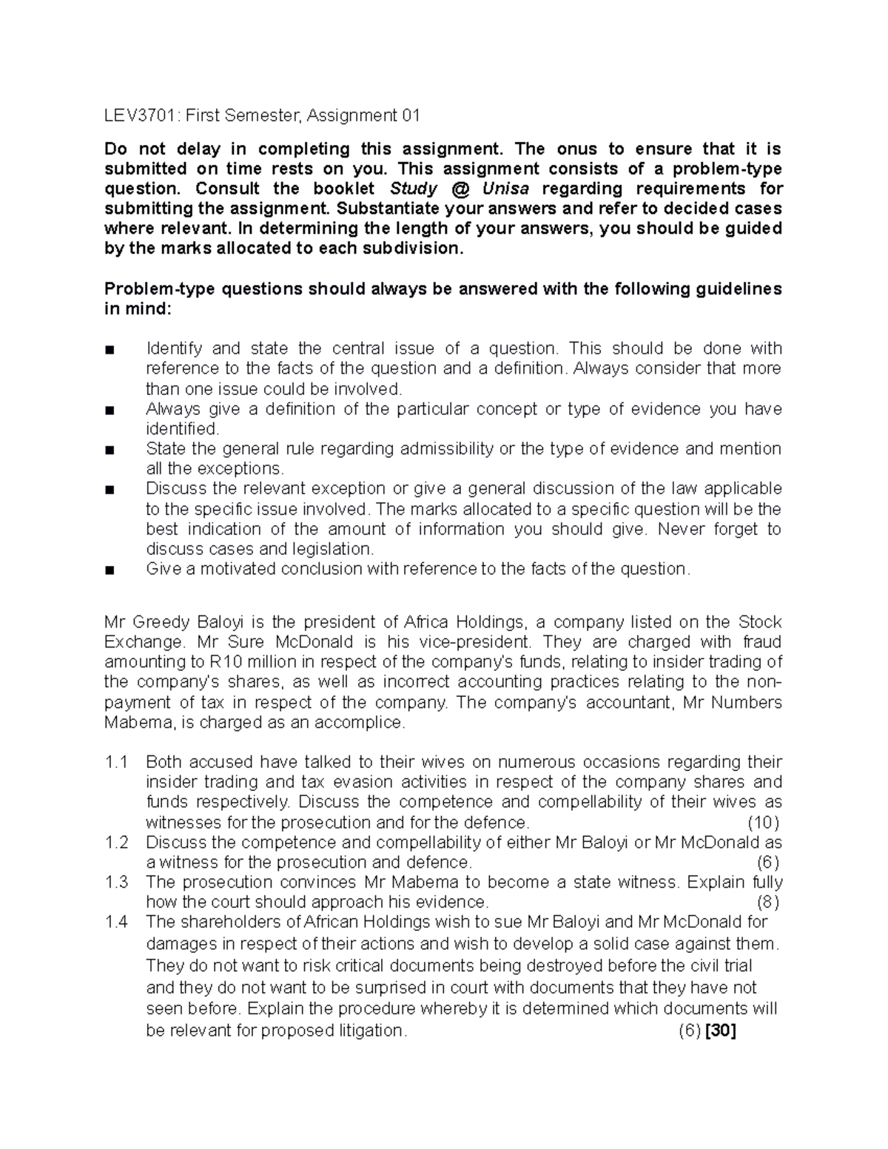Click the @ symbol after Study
click(x=459, y=189)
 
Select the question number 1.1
click(x=117, y=762)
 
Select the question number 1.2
click(x=117, y=842)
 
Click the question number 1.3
click(x=117, y=882)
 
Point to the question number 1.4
click(x=117, y=922)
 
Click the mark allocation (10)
click(x=763, y=822)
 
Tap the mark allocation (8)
click(x=767, y=902)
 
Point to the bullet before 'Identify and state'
click(x=110, y=349)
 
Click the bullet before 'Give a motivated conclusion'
click(x=110, y=570)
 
